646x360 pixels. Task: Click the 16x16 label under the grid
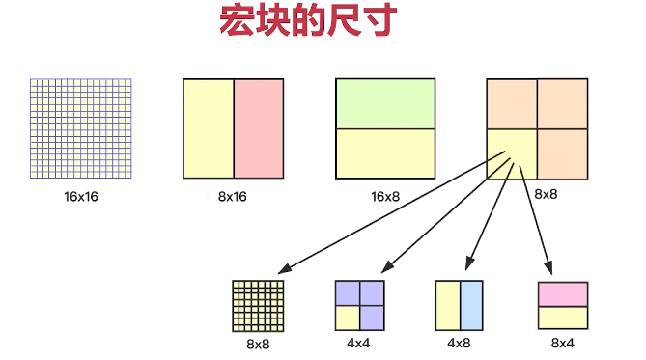pyautogui.click(x=81, y=197)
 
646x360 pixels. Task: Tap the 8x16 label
pyautogui.click(x=233, y=197)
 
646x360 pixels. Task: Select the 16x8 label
pyautogui.click(x=385, y=197)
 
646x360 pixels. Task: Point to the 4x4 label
pyautogui.click(x=358, y=343)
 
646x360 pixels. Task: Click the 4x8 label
pyautogui.click(x=459, y=343)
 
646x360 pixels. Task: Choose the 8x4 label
pyautogui.click(x=563, y=343)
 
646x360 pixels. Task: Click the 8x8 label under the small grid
pyautogui.click(x=258, y=344)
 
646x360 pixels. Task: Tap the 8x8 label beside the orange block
pyautogui.click(x=546, y=194)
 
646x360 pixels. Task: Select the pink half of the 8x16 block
pyautogui.click(x=259, y=128)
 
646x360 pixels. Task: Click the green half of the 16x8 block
pyautogui.click(x=385, y=104)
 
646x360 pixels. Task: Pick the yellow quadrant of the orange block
pyautogui.click(x=512, y=154)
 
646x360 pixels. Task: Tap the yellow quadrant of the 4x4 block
pyautogui.click(x=348, y=318)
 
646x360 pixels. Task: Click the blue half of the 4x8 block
pyautogui.click(x=471, y=305)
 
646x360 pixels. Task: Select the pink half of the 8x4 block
pyautogui.click(x=563, y=294)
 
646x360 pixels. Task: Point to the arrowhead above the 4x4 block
pyautogui.click(x=387, y=267)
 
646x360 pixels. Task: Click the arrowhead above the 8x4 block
pyautogui.click(x=548, y=267)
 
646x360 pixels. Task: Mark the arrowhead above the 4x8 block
pyautogui.click(x=469, y=263)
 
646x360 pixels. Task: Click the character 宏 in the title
pyautogui.click(x=237, y=20)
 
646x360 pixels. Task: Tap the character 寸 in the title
pyautogui.click(x=379, y=20)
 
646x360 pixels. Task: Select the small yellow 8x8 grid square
pyautogui.click(x=259, y=306)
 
